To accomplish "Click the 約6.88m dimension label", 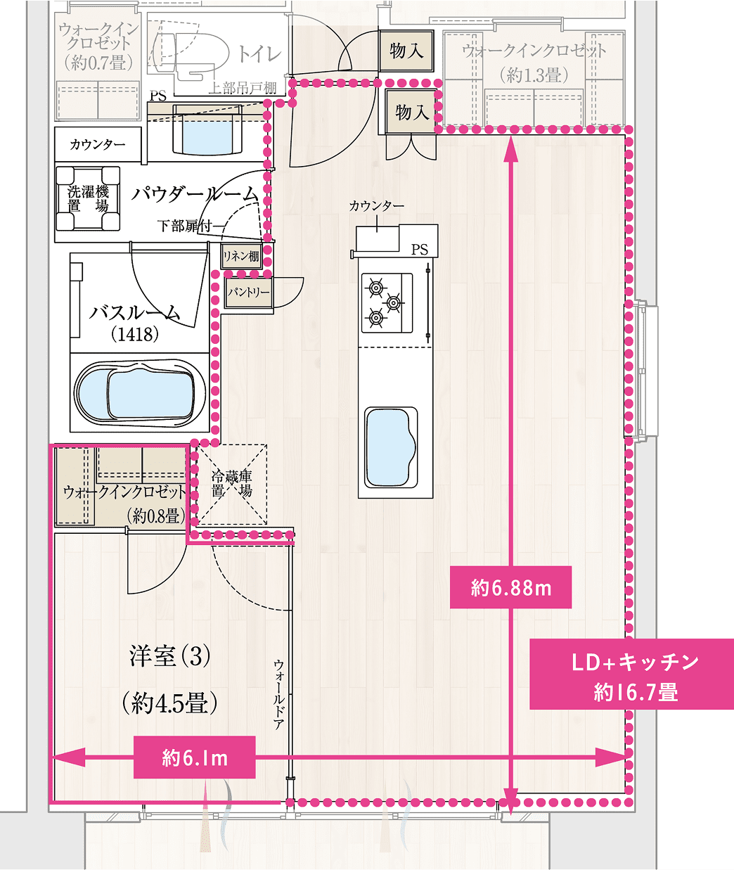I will (x=510, y=587).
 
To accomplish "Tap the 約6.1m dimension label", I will (x=195, y=757).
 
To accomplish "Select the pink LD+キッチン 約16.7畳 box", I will (x=631, y=674).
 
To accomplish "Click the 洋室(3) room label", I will (x=170, y=657).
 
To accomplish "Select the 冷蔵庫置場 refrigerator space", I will (x=231, y=485).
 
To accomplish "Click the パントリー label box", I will (x=248, y=292).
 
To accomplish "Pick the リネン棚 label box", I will (x=241, y=257).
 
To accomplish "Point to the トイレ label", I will (x=259, y=54).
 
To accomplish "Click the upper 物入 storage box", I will (x=406, y=51).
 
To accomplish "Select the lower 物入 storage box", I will (x=412, y=112).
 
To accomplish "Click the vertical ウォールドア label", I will (x=278, y=693).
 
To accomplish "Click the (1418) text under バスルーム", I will (x=135, y=335).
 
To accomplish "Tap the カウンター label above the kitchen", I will (x=376, y=206).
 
